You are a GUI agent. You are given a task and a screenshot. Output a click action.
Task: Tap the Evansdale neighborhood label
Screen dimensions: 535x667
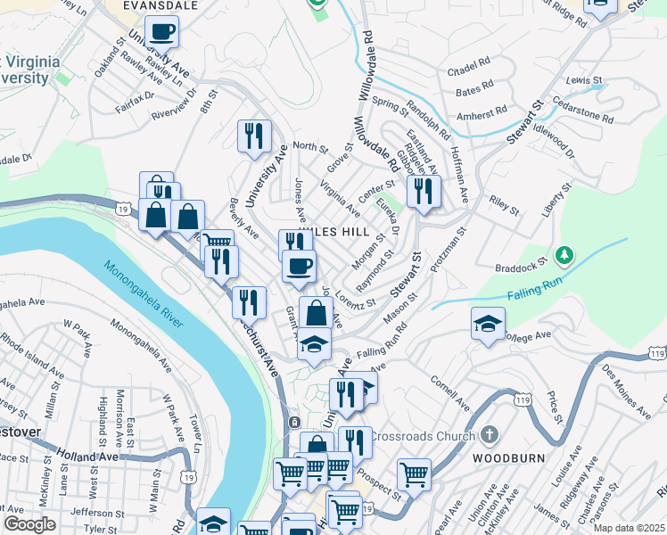tap(161, 4)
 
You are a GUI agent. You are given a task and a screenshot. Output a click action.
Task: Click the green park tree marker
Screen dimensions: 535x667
tap(563, 256)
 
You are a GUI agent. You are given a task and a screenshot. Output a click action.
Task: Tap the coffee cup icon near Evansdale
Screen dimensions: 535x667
tap(162, 33)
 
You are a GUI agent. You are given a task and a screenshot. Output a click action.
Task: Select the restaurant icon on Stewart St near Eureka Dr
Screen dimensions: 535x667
tap(424, 192)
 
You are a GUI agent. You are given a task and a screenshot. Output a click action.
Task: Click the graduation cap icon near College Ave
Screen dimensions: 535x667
tap(488, 325)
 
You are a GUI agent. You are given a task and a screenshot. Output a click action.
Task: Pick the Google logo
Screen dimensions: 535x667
tap(29, 524)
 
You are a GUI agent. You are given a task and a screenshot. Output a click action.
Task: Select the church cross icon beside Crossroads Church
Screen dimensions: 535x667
tap(487, 435)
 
